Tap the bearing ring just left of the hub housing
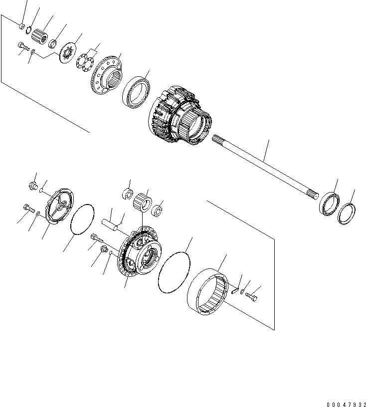pyautogui.click(x=135, y=91)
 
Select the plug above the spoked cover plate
pyautogui.click(x=34, y=187)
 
